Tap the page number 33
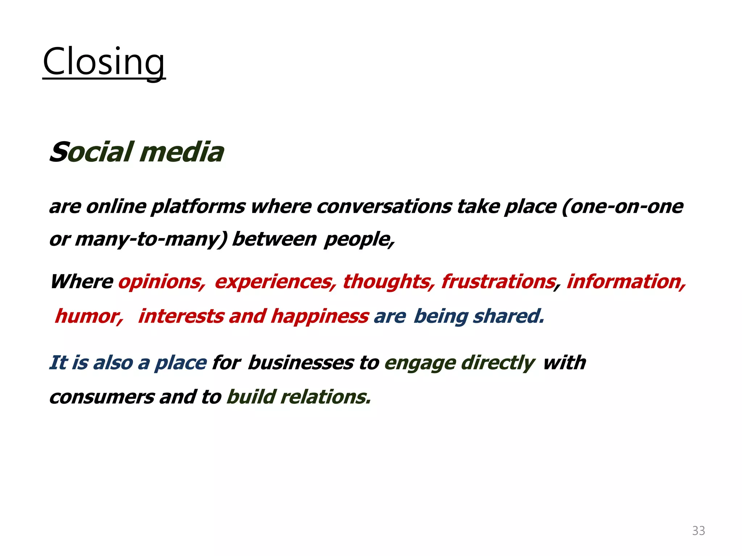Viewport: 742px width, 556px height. click(x=698, y=531)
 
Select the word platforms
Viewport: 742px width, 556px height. click(x=198, y=207)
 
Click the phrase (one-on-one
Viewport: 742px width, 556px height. click(x=622, y=206)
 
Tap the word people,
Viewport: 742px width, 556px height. click(x=359, y=239)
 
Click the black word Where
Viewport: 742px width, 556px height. click(x=82, y=282)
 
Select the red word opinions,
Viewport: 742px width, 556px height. click(x=162, y=282)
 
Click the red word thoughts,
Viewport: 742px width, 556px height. click(x=388, y=282)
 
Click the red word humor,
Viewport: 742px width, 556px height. click(x=89, y=316)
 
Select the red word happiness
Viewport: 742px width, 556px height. click(x=320, y=316)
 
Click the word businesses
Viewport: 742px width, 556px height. click(x=301, y=363)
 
